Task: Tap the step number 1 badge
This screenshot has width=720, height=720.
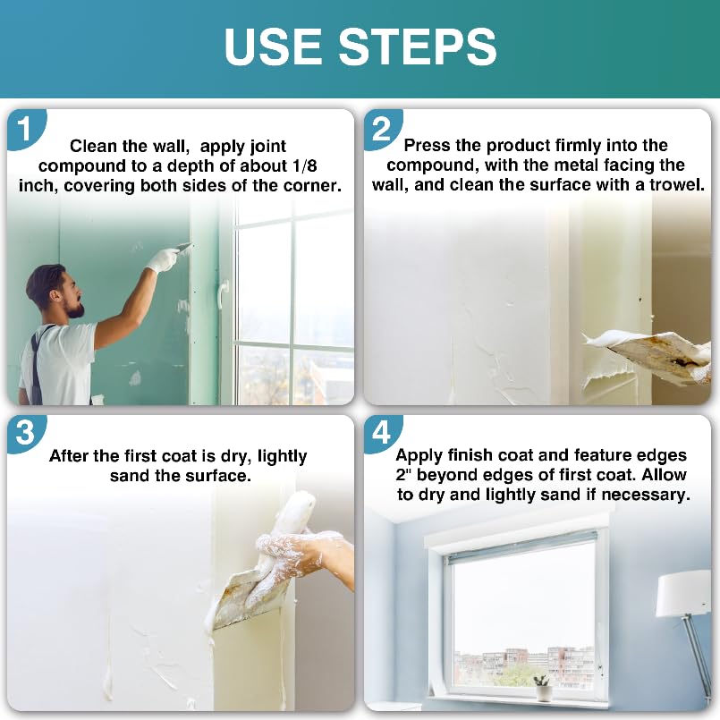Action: [x=24, y=130]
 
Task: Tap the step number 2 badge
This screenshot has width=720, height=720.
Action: [x=382, y=130]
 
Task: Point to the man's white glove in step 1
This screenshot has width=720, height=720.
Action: [x=163, y=259]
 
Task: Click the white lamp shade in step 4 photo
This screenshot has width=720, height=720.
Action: [x=684, y=594]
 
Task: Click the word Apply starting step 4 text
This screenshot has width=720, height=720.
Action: [x=420, y=454]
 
